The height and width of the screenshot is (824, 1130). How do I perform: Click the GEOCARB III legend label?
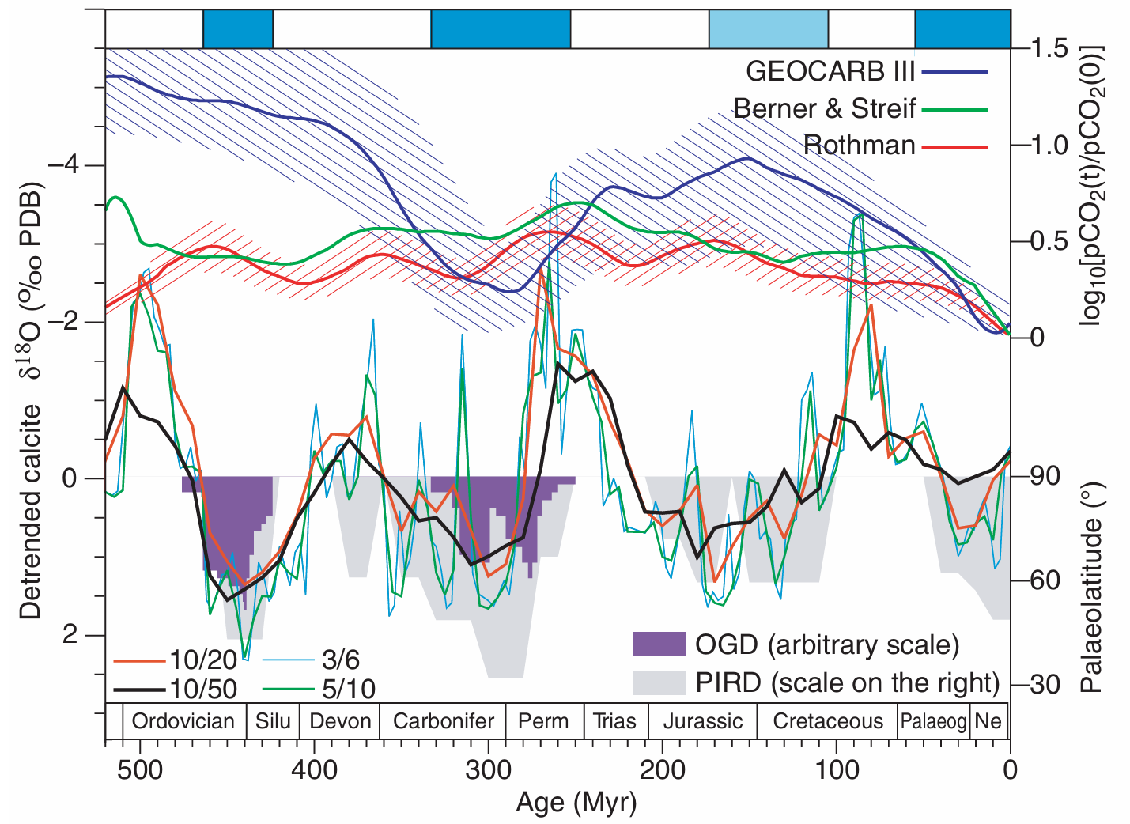[x=830, y=71]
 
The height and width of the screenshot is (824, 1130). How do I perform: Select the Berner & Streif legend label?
[x=824, y=108]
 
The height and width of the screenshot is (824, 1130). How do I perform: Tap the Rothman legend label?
[x=859, y=146]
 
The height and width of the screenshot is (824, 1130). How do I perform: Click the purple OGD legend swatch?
[x=659, y=644]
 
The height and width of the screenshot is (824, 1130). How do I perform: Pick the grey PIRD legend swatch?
[x=659, y=682]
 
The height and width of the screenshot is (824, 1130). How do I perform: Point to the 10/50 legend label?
[x=203, y=690]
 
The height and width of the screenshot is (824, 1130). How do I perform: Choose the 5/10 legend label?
[x=349, y=690]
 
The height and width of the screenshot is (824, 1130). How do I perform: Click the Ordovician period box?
[x=183, y=721]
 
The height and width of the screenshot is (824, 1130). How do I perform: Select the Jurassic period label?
[x=702, y=721]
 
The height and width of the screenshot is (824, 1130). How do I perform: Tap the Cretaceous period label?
[x=828, y=721]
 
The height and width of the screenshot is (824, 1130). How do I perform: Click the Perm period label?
[x=543, y=721]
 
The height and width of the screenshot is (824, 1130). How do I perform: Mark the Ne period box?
[x=988, y=721]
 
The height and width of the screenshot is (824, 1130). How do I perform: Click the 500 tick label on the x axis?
[x=140, y=769]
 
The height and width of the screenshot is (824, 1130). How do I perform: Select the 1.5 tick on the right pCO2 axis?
[x=1049, y=49]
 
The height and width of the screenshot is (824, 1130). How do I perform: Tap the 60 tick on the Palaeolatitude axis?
[x=1047, y=580]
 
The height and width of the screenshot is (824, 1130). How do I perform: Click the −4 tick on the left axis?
[x=66, y=166]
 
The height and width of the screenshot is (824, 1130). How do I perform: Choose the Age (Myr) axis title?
[x=576, y=803]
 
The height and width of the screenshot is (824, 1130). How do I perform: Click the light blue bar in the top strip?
[x=768, y=29]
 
